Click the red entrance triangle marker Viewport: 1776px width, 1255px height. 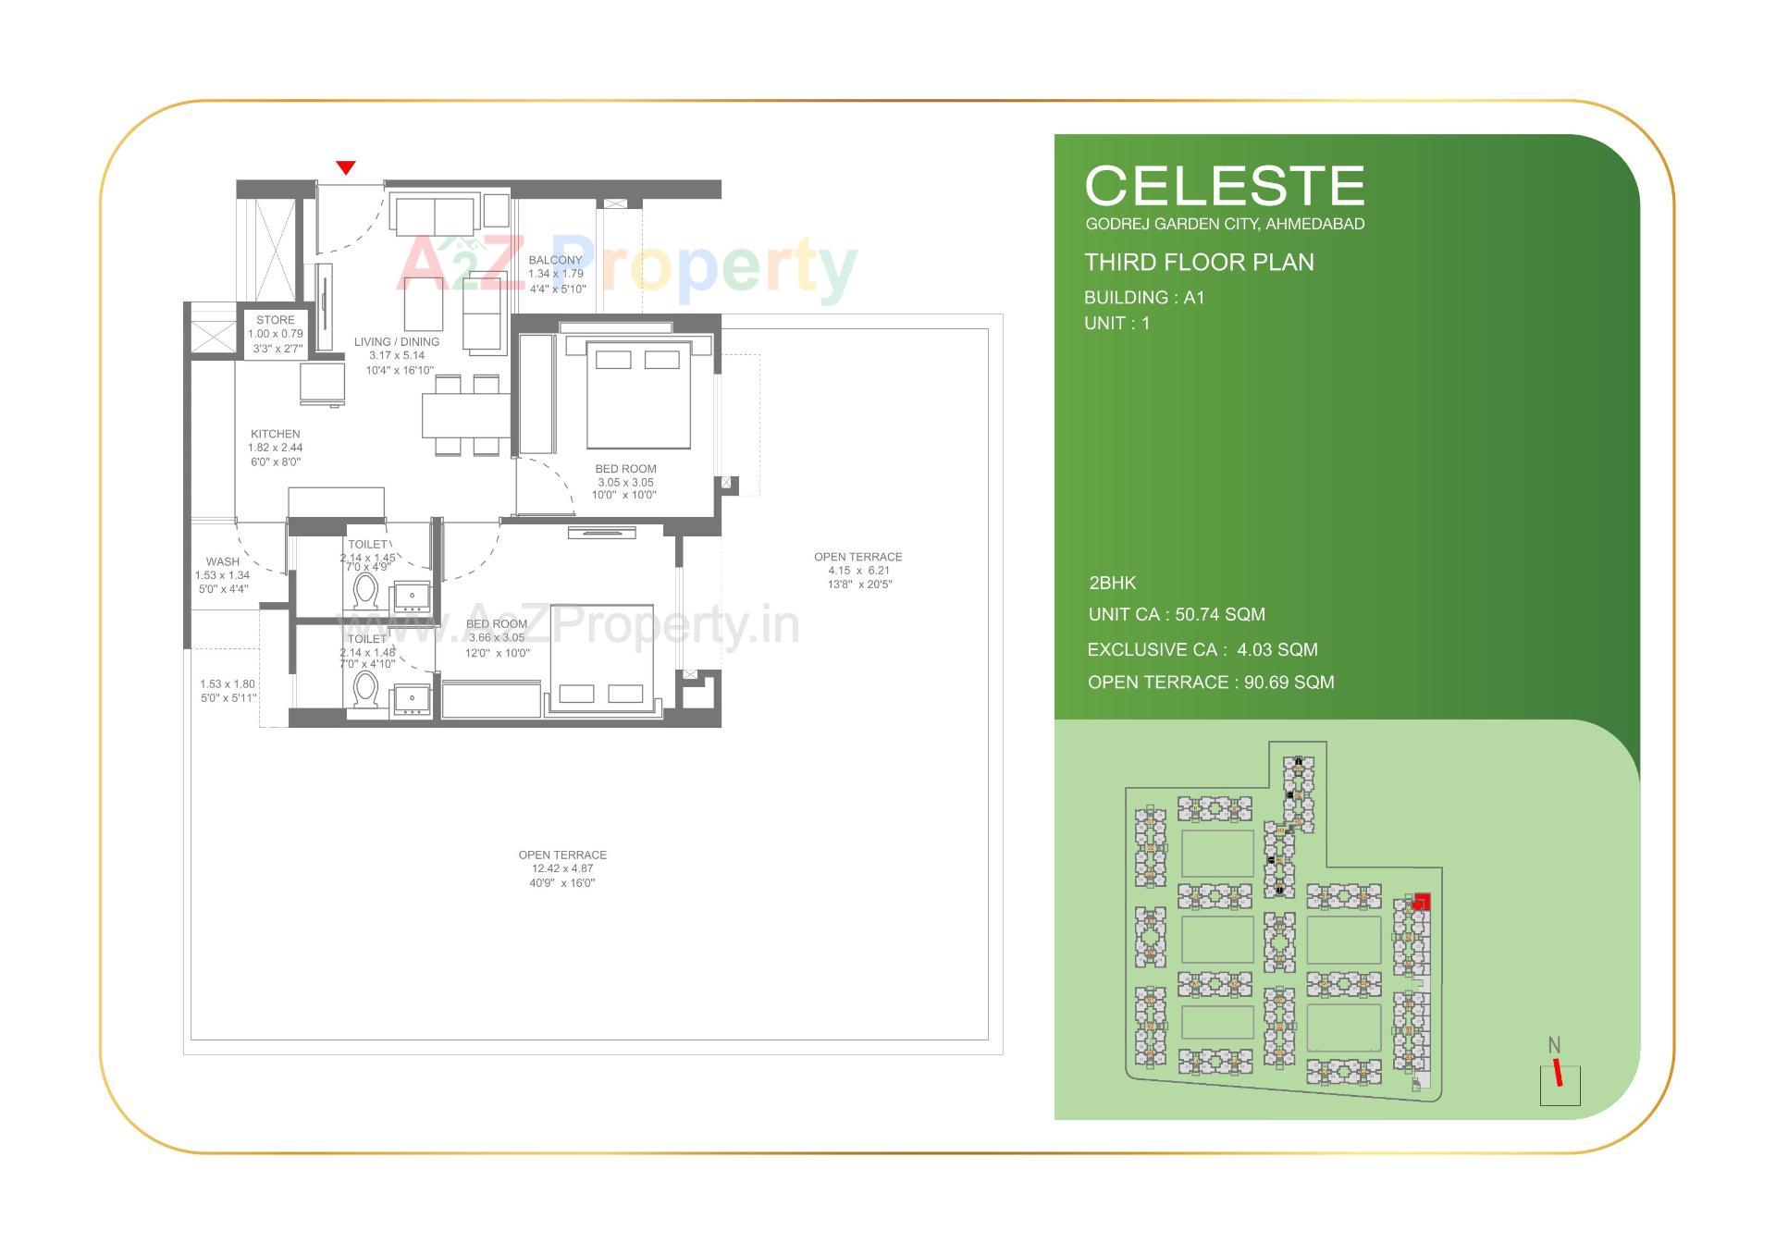point(346,167)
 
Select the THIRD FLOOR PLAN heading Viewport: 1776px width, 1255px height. point(1199,263)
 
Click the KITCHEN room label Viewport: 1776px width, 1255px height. point(275,434)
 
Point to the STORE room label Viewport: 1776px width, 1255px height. point(276,320)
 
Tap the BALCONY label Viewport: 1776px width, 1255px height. point(556,260)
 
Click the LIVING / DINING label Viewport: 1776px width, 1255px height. point(397,342)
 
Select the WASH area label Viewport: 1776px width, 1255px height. point(223,561)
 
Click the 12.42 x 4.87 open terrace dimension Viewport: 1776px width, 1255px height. point(562,869)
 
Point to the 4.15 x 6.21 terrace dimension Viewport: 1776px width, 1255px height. point(858,571)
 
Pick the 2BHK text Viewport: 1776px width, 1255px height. point(1113,584)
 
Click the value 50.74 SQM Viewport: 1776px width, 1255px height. point(1219,615)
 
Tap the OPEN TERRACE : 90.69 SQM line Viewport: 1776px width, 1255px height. point(1211,683)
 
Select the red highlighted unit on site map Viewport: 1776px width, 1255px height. point(1422,902)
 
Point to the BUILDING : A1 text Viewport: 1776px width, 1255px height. point(1144,298)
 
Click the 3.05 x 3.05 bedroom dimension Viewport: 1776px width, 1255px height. point(625,482)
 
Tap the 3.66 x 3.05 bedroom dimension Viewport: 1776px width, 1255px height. point(496,638)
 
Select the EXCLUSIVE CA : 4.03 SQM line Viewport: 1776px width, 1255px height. point(1202,650)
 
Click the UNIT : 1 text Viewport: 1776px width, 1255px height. point(1117,324)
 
